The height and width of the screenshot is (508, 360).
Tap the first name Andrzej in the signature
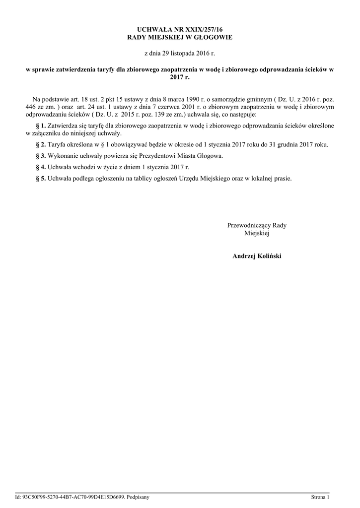[243, 256]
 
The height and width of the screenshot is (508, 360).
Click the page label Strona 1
[320, 497]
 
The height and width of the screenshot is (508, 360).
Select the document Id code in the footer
[74, 497]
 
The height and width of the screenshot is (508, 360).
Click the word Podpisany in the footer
[138, 497]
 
